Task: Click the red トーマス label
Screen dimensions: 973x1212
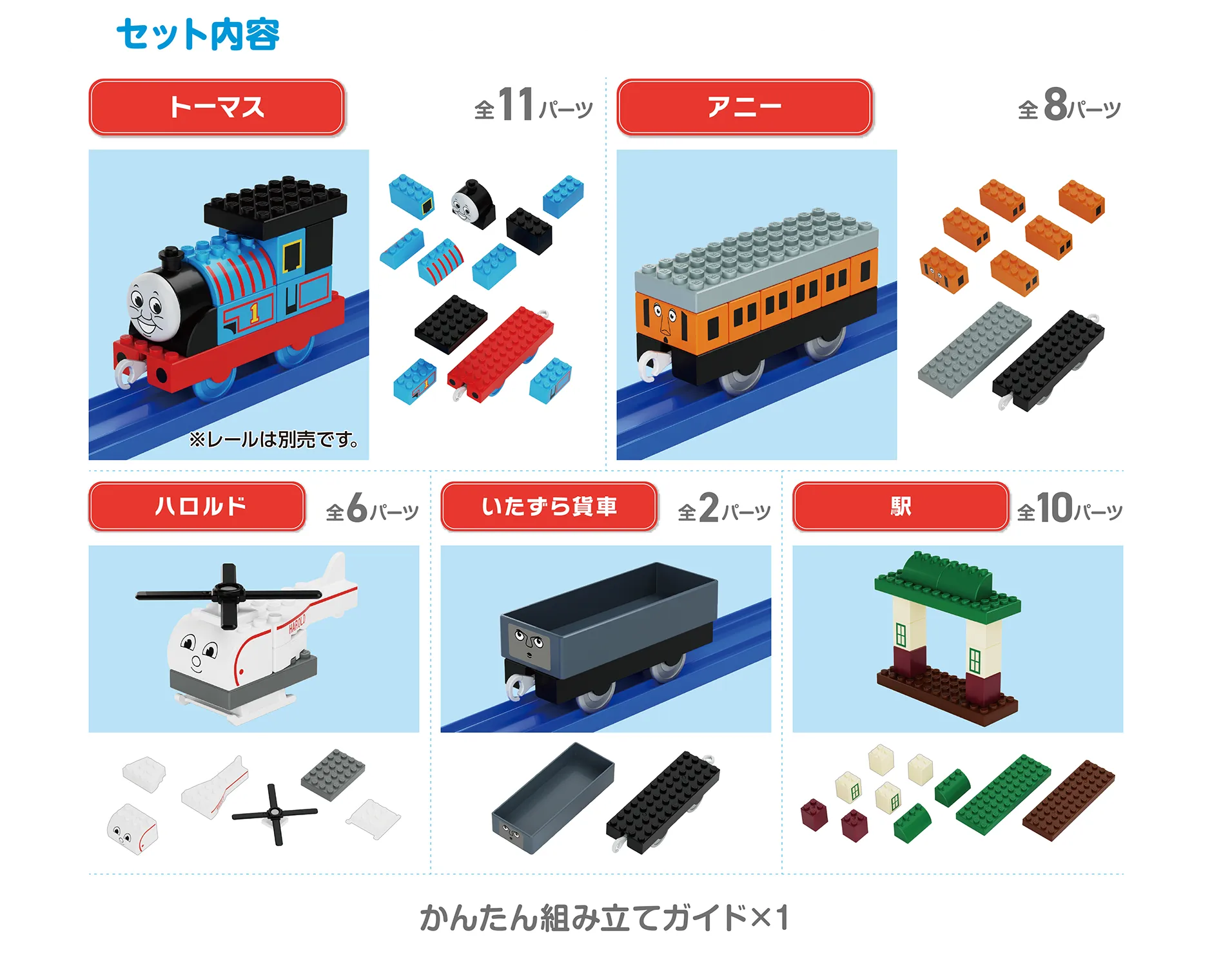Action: coord(217,107)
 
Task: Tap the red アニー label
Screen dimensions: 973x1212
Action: coord(744,107)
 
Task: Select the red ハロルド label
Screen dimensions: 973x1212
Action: coord(197,506)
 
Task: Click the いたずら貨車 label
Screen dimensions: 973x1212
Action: coord(549,506)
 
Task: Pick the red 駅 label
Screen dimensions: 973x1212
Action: coord(900,506)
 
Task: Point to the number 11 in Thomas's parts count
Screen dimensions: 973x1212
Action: coord(516,104)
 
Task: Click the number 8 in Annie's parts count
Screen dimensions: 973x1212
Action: coord(1055,104)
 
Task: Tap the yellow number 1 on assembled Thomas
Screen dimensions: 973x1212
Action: coord(254,313)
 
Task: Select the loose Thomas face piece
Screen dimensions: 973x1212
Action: coord(473,203)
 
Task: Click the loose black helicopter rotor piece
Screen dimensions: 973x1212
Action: coord(274,813)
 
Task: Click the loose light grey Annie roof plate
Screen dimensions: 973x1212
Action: coord(973,349)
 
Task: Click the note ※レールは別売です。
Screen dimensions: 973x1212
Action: coord(274,440)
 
